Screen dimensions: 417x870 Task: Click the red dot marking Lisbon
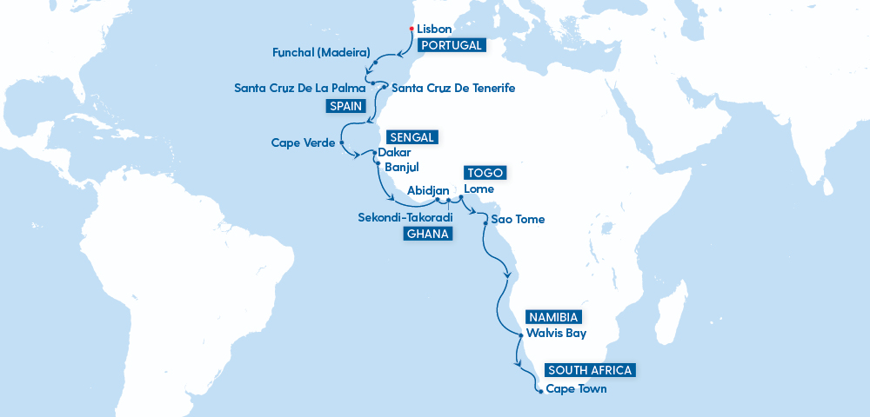pos(411,29)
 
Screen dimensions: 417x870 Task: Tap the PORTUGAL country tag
pos(450,45)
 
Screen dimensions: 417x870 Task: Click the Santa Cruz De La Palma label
pos(299,88)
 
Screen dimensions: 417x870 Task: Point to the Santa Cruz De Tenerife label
pos(453,88)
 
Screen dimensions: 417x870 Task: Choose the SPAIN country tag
pos(345,106)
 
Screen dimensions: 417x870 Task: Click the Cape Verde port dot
pos(341,142)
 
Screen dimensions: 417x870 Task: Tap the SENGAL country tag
pos(411,137)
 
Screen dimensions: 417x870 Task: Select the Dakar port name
pos(395,152)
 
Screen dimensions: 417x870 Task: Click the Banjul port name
pos(401,166)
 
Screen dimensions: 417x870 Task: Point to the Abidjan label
pos(428,189)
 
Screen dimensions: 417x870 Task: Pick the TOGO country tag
pos(484,173)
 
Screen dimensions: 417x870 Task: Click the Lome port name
pos(479,189)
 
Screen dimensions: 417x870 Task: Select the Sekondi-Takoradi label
pos(405,217)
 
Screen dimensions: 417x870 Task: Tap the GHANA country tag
pos(427,234)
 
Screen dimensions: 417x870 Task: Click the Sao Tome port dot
pos(485,222)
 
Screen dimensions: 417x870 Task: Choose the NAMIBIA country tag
pos(552,317)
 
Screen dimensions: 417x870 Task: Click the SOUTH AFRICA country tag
pos(590,370)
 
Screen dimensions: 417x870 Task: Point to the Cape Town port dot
pos(540,391)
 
